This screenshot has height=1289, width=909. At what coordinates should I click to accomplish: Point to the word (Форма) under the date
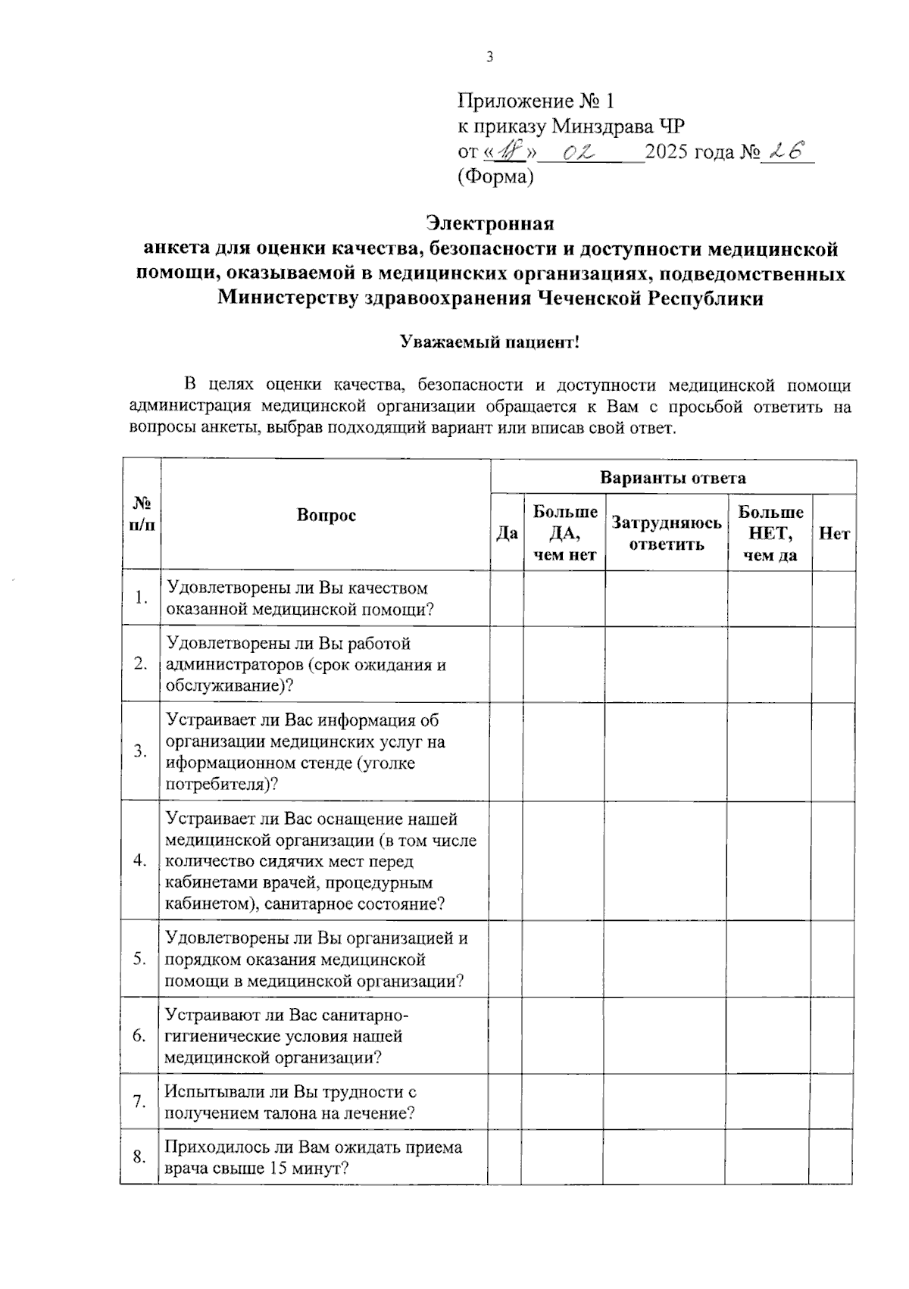(495, 177)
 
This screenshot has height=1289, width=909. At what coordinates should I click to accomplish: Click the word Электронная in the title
(489, 223)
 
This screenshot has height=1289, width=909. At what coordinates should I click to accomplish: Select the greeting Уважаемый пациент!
(489, 342)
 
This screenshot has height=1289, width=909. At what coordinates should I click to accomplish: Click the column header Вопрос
(326, 515)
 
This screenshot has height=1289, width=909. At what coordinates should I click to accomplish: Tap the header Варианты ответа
(673, 478)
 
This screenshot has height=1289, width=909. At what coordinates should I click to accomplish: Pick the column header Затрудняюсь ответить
(667, 533)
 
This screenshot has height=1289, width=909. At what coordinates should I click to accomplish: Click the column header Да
(507, 533)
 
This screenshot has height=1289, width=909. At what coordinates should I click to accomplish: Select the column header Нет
(834, 533)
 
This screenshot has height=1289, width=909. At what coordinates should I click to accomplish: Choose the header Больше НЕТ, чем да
(770, 533)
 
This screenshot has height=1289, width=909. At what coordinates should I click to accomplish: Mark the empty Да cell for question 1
(507, 598)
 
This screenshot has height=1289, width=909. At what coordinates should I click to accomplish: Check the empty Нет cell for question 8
(832, 1156)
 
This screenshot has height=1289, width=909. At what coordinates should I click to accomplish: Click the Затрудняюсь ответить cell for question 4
(666, 860)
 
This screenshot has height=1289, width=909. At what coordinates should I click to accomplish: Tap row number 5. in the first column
(140, 959)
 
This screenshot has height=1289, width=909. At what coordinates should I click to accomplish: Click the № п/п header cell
(142, 514)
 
